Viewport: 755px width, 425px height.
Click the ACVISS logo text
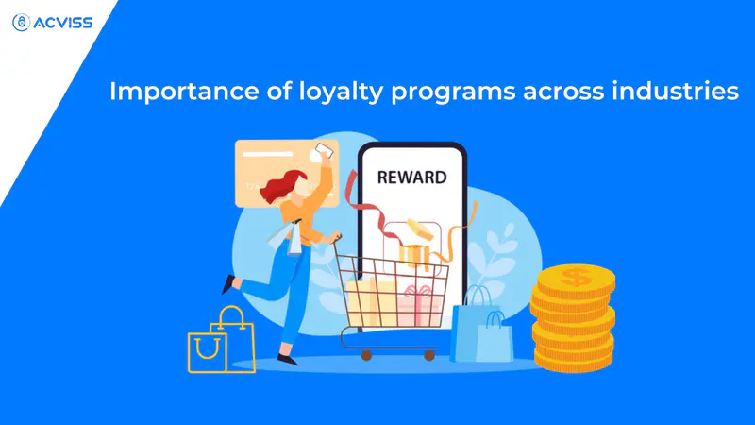pos(63,23)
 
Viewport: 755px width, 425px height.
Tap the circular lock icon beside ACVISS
pos(21,23)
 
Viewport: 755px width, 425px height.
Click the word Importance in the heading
pos(184,92)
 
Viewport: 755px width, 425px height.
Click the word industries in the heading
pos(675,91)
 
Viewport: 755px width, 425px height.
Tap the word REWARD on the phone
pos(411,178)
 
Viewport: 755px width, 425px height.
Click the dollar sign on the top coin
pos(576,277)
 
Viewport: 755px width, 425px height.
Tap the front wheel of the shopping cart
pos(429,356)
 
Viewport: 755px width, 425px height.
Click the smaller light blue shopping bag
pos(495,337)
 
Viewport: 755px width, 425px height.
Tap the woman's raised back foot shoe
pos(228,284)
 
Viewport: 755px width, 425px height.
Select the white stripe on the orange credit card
pos(267,154)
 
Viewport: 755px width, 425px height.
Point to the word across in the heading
pos(563,91)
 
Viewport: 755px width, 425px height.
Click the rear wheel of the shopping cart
pos(366,356)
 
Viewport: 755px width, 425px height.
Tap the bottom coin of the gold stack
pos(573,361)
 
